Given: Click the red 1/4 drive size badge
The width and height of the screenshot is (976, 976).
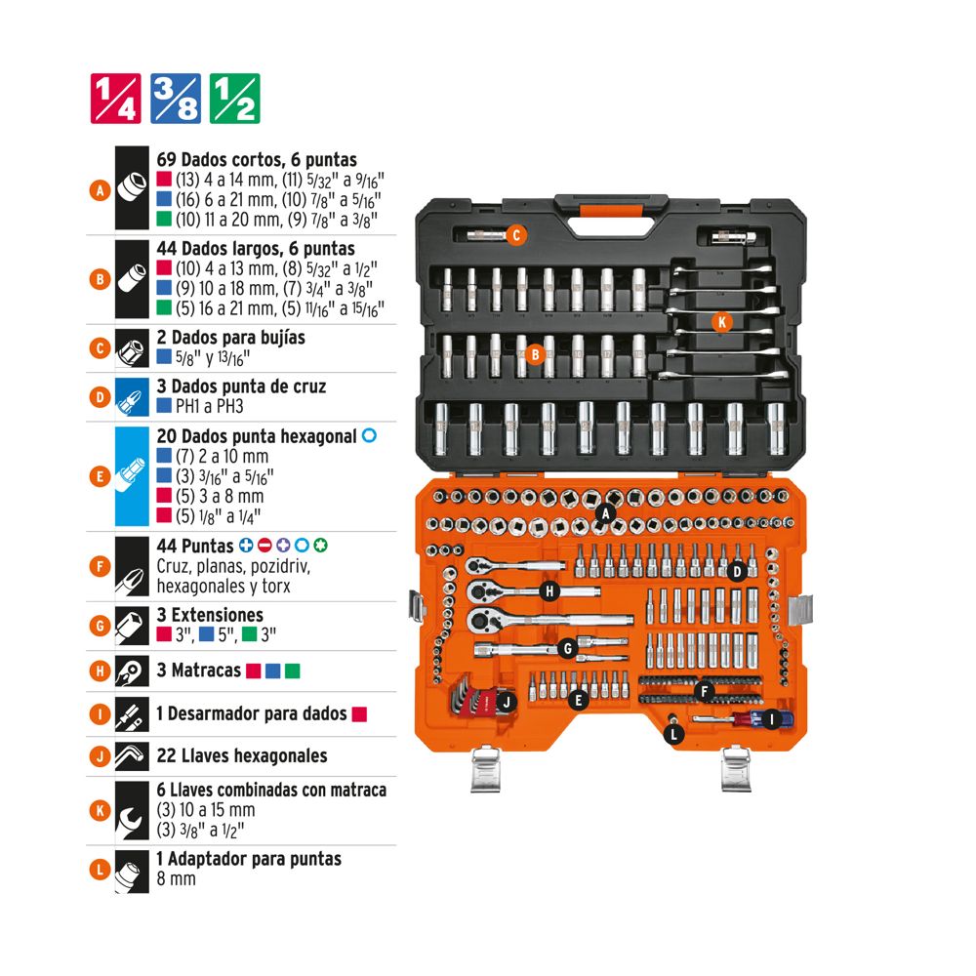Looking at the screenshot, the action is coord(116,99).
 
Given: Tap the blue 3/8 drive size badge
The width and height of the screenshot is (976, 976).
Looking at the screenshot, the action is coord(176,99).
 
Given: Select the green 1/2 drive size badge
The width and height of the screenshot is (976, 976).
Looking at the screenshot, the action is coord(234,99).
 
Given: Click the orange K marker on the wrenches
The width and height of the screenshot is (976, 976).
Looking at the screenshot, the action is coord(721,322).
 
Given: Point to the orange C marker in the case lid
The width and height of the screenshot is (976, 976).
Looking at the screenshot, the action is coord(516,235).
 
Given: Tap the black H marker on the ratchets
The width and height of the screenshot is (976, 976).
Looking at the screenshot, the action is coord(549,590).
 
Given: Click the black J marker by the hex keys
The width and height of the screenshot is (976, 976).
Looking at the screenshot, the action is coord(507,703).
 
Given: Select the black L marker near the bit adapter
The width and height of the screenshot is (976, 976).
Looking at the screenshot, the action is coord(674,735).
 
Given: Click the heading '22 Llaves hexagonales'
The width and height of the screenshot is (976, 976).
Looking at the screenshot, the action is coord(242,755).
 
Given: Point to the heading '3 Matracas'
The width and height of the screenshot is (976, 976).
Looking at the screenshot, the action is coord(198,671).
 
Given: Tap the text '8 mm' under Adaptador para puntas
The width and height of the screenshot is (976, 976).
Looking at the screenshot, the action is coord(176,879).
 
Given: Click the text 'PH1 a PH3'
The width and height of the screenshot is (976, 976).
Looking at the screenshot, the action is coord(209,406).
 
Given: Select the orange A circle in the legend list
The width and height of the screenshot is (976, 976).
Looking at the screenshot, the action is coord(101,190).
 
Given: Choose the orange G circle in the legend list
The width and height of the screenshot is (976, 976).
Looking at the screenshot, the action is coord(101,626).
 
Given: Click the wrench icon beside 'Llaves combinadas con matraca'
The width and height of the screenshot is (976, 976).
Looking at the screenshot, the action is coord(132,810).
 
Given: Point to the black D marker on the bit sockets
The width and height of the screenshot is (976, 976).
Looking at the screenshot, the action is coord(737,571).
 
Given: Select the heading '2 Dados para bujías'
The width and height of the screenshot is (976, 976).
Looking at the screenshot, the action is coord(231,338).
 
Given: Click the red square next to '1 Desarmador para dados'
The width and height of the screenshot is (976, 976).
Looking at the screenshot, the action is coord(359,714).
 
